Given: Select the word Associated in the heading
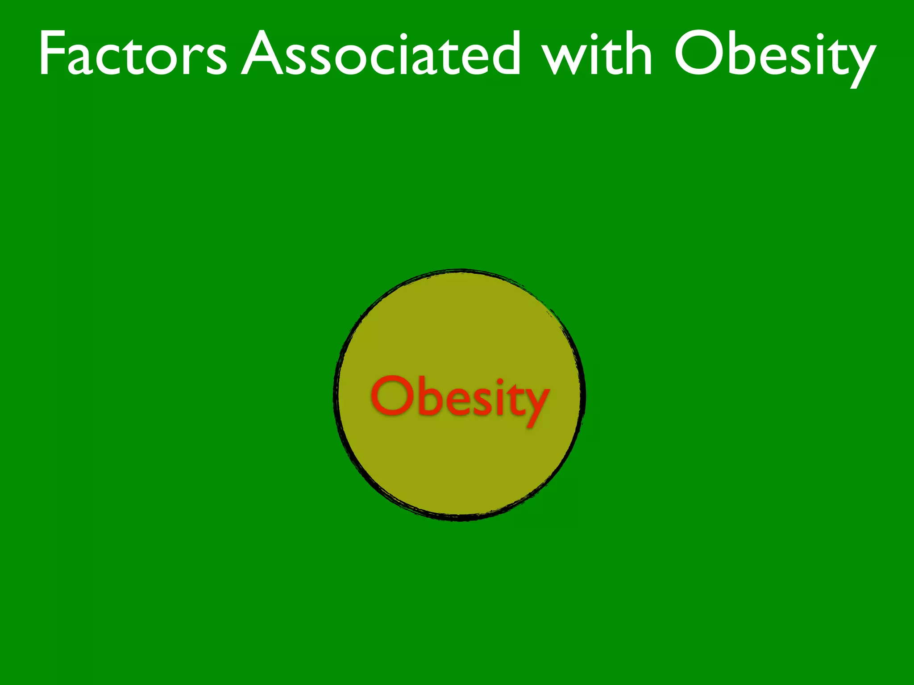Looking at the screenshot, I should click(x=382, y=54).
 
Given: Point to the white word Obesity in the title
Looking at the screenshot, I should click(x=774, y=56).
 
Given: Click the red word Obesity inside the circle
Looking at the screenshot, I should click(x=460, y=398).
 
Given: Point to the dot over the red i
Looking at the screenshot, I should click(x=500, y=381).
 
